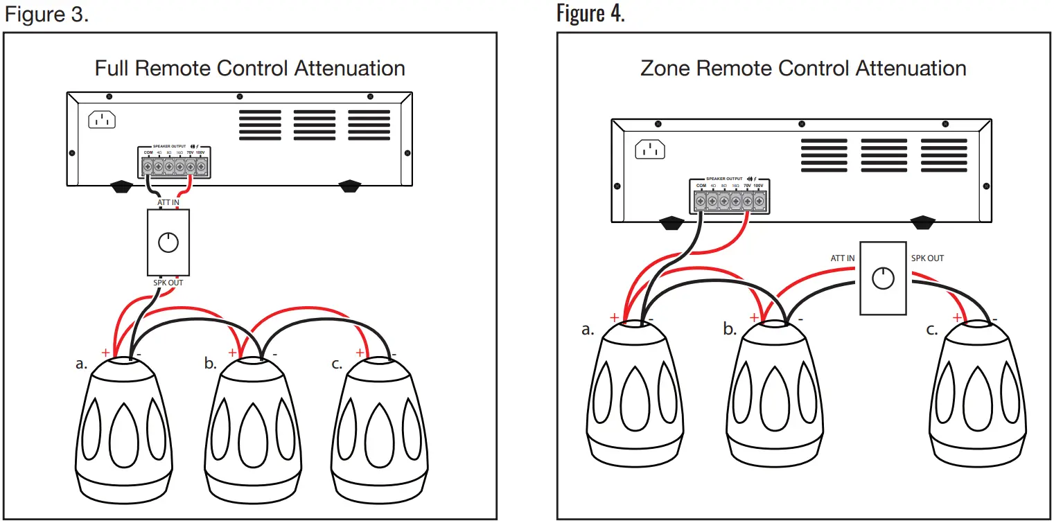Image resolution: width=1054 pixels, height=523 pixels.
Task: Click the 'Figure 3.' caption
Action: tap(46, 15)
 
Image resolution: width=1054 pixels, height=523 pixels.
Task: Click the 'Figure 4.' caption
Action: tap(590, 14)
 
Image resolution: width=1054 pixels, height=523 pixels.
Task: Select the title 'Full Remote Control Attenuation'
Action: tap(249, 69)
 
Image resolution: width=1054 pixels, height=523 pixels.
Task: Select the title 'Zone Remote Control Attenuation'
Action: tap(803, 69)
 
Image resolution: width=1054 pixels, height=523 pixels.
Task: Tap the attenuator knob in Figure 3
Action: tap(168, 242)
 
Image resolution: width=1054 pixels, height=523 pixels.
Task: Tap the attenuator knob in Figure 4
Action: tap(882, 278)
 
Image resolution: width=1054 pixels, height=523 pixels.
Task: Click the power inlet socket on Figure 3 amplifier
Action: tap(102, 120)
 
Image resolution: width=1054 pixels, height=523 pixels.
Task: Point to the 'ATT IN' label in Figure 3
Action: tap(168, 202)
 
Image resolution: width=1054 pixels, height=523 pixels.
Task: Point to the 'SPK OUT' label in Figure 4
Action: tap(927, 258)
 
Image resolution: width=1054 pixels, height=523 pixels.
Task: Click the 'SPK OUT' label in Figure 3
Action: tap(168, 283)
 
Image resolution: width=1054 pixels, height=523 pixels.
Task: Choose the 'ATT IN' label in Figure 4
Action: tap(842, 258)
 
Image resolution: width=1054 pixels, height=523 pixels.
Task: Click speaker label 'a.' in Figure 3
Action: tap(81, 364)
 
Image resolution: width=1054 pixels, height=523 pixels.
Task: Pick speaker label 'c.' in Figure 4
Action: tap(932, 329)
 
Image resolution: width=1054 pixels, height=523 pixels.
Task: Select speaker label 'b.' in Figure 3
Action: tap(211, 364)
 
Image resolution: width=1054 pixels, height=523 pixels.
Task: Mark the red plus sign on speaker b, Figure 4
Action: tap(754, 317)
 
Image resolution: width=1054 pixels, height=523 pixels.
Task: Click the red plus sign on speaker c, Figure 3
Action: tap(359, 353)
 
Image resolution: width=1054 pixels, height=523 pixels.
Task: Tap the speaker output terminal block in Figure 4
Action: tap(730, 200)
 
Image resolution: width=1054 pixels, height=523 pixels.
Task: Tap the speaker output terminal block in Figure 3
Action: tap(174, 166)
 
